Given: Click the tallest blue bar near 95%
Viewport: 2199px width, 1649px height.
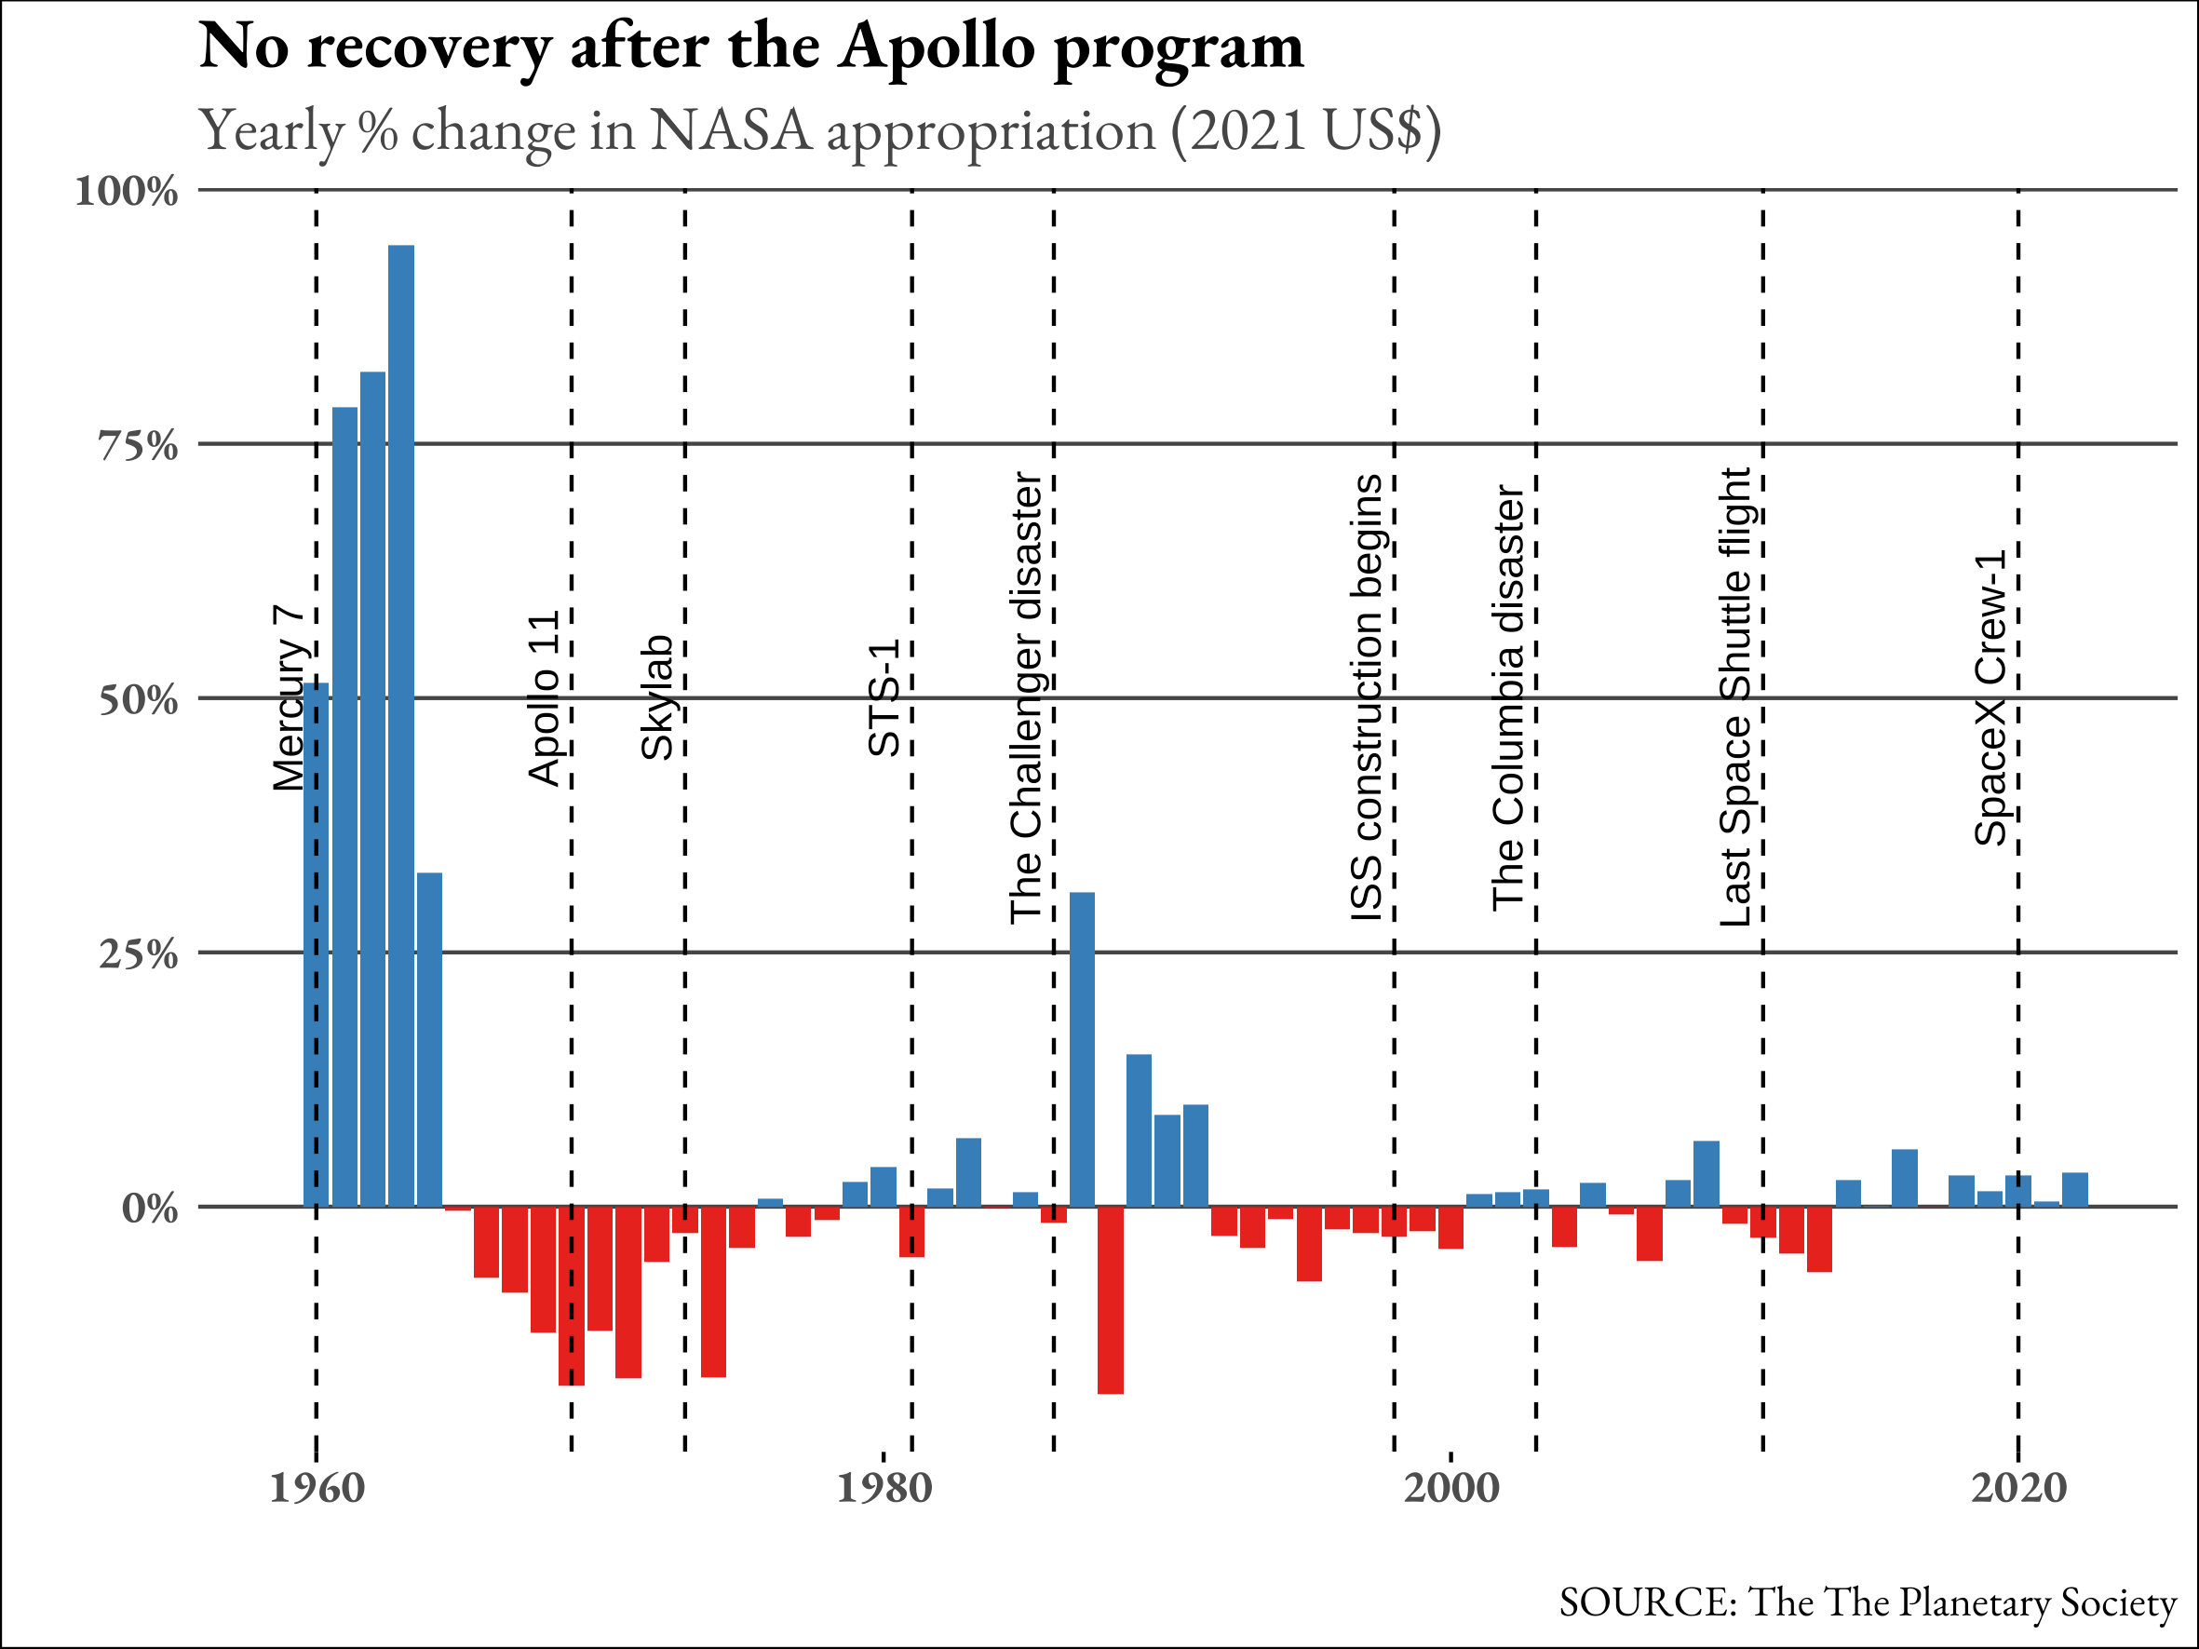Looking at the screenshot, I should pos(400,725).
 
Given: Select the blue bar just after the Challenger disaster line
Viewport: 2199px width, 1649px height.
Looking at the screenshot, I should pos(1082,1048).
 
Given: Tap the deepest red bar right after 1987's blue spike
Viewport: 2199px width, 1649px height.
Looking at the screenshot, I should pos(1111,1299).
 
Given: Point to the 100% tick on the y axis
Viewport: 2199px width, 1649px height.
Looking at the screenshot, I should pos(128,191).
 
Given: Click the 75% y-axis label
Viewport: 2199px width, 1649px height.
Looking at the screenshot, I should pos(138,446).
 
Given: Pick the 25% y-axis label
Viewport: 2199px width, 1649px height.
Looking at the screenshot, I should pos(138,955).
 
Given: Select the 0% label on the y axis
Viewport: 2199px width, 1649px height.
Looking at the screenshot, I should pos(150,1210).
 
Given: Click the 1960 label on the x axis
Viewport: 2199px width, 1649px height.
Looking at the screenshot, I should pos(317,1489).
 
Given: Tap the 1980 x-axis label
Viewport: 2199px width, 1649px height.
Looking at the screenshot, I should pos(884,1489).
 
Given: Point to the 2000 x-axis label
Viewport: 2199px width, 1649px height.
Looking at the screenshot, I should pos(1451,1489).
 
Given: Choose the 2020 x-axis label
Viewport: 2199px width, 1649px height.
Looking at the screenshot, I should pos(2018,1489).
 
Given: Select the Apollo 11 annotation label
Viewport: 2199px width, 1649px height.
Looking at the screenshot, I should pos(544,698).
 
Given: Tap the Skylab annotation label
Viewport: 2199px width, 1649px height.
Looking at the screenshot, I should pos(657,697).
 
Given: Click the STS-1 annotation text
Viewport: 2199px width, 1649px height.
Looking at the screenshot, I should pos(884,697).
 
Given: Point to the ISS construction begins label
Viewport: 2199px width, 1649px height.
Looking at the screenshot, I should pos(1366,697).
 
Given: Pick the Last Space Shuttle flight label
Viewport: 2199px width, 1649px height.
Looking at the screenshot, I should pos(1734,697).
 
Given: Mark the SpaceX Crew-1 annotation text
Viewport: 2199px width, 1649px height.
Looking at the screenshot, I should pos(1990,697).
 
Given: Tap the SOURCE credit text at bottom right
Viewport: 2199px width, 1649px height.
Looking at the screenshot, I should pos(1867,1602).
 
